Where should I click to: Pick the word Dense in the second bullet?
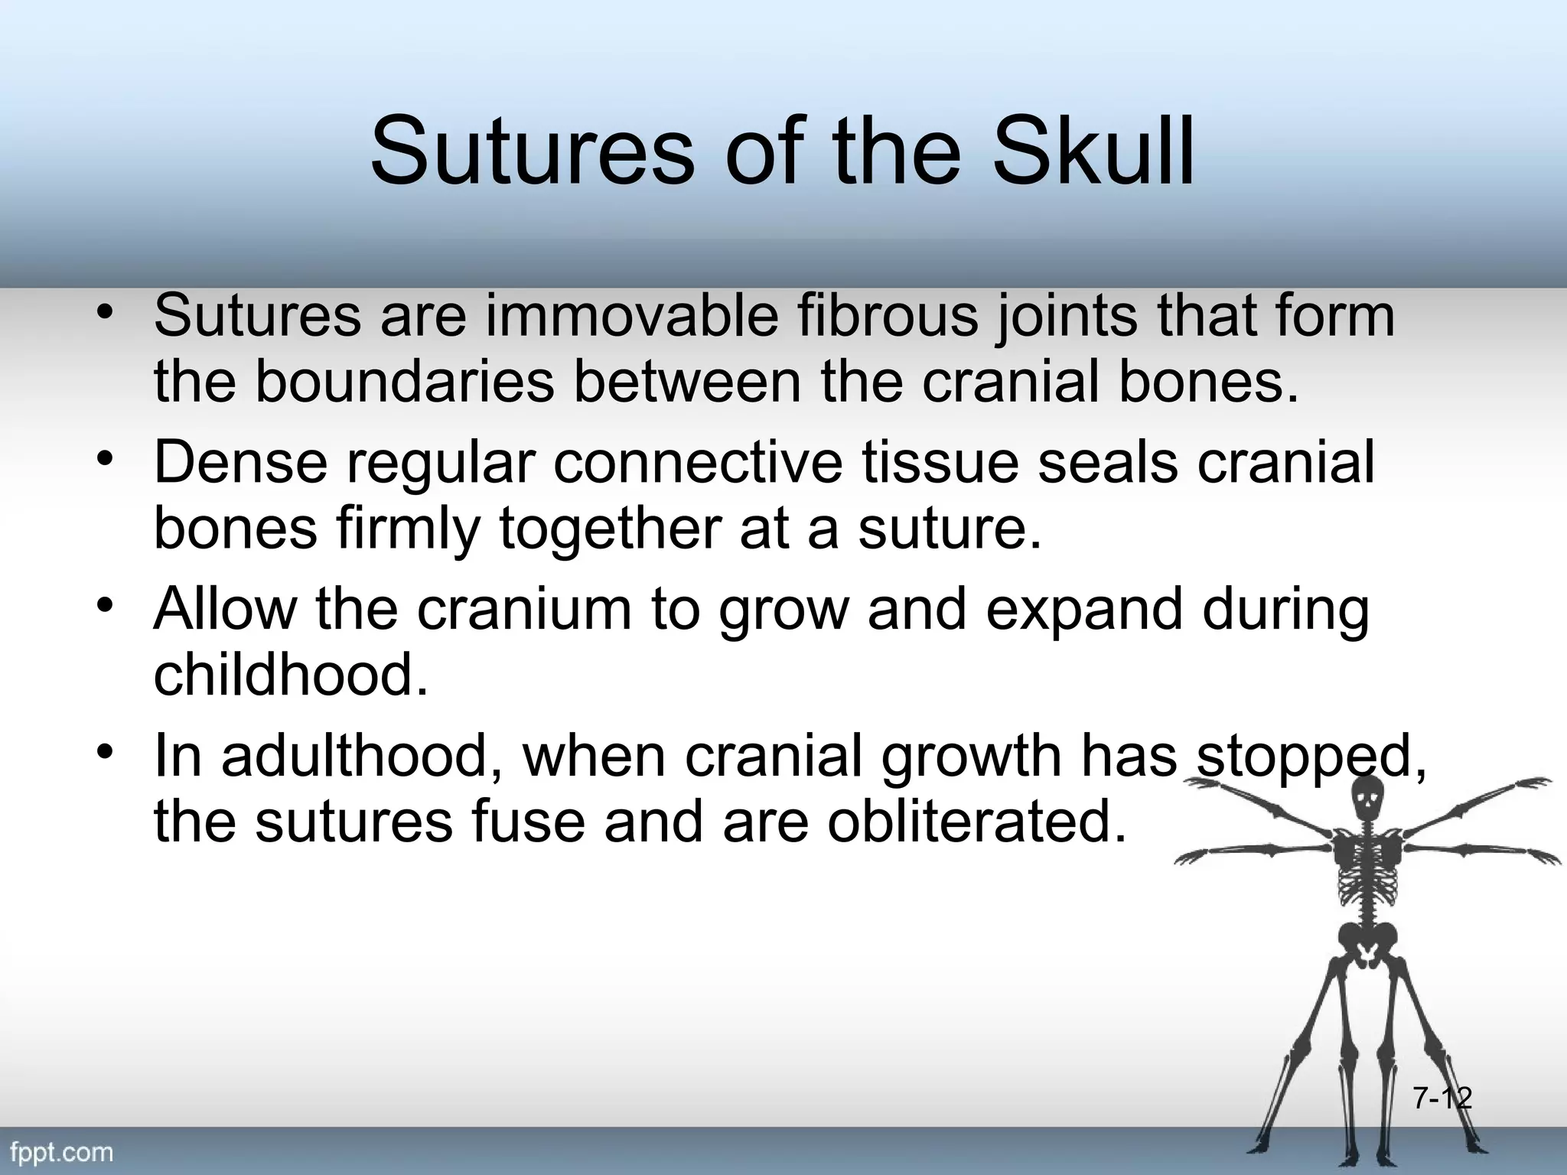coord(240,462)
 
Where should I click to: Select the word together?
coord(609,529)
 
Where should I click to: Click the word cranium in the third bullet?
coord(524,610)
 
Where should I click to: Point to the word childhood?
coord(291,675)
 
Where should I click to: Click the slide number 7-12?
coord(1442,1099)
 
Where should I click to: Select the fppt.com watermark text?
coord(61,1152)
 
